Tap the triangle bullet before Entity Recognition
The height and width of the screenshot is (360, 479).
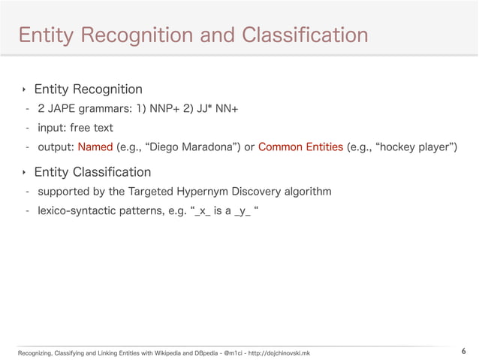(24, 90)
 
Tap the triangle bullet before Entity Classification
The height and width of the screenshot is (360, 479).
(24, 173)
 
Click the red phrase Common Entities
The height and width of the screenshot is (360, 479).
(300, 146)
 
